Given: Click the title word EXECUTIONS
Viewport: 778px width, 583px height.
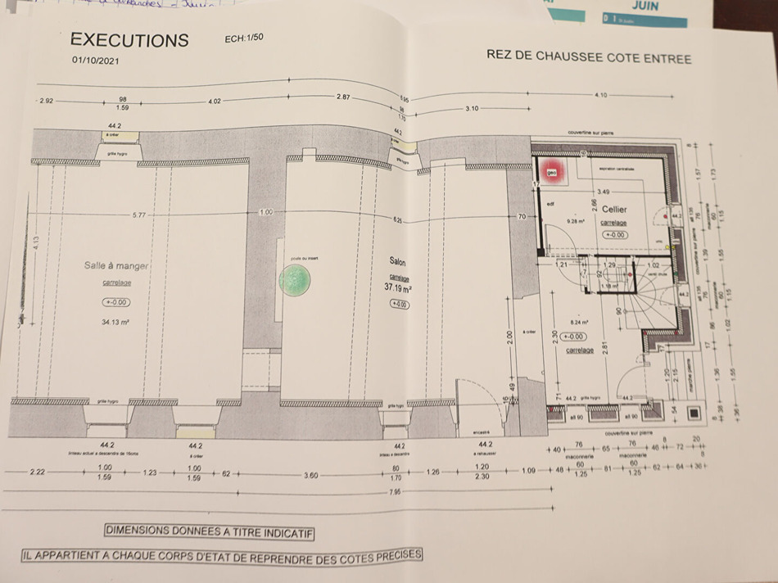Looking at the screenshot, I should [x=129, y=40].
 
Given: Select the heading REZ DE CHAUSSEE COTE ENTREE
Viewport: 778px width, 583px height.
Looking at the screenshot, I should [x=588, y=57].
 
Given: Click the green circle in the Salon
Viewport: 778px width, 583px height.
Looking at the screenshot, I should [x=294, y=280].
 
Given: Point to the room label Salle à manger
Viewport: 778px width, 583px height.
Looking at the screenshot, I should [x=116, y=265].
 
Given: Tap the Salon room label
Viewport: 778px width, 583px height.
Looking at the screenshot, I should [x=398, y=262].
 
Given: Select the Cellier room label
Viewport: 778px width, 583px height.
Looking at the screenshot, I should [x=613, y=210].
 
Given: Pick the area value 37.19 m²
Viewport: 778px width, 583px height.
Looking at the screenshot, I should [x=398, y=288].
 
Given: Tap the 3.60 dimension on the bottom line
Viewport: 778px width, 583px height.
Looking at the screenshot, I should [x=310, y=475].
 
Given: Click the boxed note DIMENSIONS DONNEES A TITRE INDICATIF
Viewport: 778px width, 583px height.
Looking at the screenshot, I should [x=210, y=531].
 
